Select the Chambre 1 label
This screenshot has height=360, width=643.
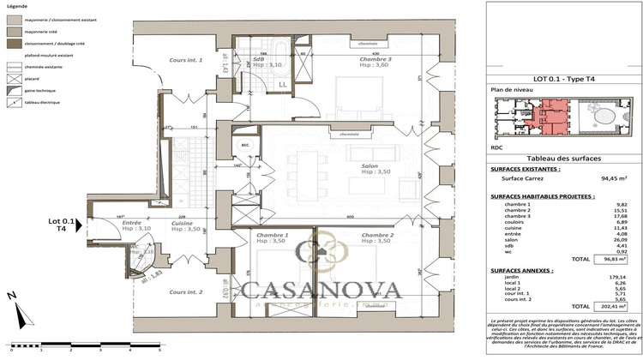point(274,234)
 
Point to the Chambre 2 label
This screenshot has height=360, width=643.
point(377,234)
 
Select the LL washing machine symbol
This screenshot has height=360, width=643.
point(283,84)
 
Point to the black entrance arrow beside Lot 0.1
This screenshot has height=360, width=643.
point(78,225)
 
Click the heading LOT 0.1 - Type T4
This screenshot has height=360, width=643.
point(563,78)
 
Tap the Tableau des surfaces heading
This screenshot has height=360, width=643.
point(563,159)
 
